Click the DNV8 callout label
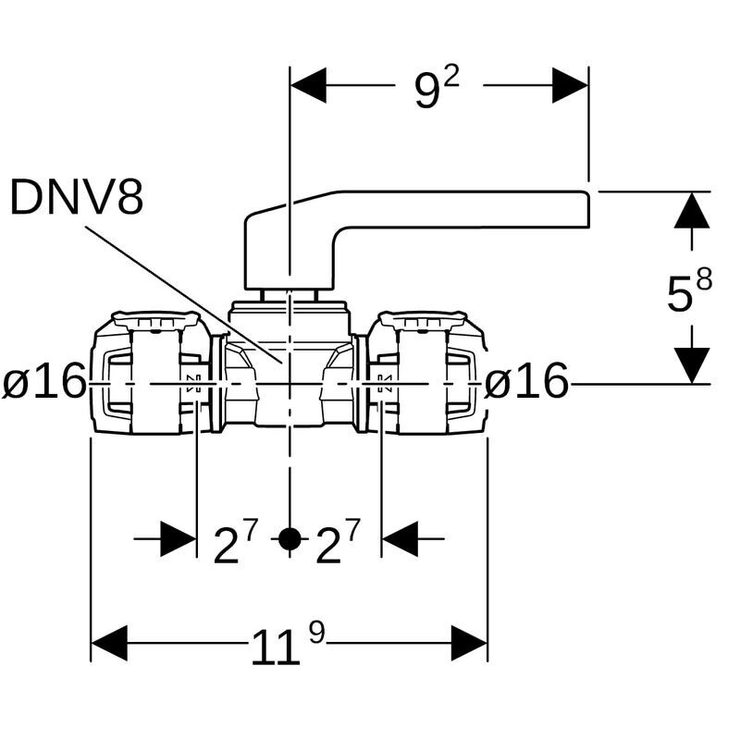click(x=77, y=197)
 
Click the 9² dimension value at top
click(x=437, y=88)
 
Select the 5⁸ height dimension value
click(x=689, y=291)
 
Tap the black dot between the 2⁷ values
click(x=290, y=538)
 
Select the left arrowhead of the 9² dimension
click(x=308, y=85)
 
